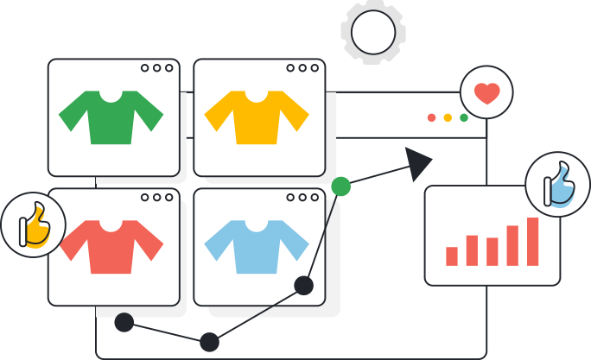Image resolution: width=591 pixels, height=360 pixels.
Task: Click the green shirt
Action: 111,117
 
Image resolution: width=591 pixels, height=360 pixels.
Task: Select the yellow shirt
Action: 257,117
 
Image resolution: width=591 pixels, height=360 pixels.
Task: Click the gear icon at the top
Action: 373,32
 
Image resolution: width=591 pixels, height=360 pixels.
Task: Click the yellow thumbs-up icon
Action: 34,225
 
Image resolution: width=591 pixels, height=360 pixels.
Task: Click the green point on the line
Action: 341,186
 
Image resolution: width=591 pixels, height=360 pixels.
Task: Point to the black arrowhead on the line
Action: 418,162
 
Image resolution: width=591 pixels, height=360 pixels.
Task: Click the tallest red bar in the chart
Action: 532,242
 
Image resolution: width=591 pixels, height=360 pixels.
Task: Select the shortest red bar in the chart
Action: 451,256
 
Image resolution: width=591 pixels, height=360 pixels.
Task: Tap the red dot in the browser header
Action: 431,117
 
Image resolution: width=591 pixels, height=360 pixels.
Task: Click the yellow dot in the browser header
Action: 448,117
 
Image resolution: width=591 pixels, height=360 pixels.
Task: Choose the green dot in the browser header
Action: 464,117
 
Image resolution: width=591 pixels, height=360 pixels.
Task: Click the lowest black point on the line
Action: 209,342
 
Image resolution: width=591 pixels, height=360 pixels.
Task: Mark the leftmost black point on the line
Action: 124,323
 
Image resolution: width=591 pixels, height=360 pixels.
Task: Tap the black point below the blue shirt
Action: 303,285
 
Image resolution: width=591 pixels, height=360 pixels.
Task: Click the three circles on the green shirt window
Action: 156,68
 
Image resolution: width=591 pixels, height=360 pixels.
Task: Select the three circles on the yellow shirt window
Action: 302,68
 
